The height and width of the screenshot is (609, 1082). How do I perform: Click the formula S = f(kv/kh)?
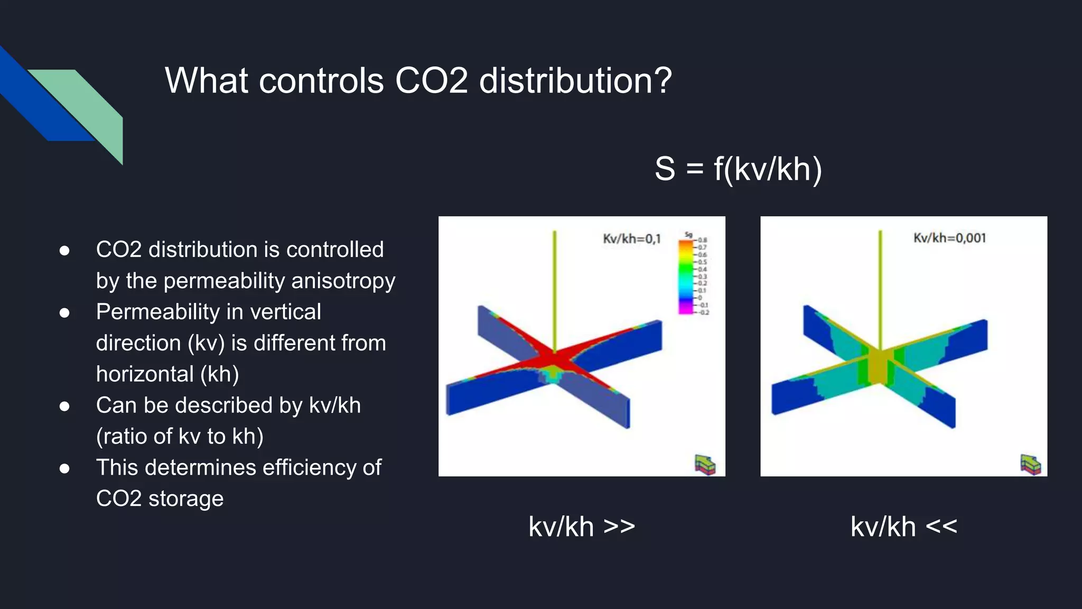click(x=738, y=169)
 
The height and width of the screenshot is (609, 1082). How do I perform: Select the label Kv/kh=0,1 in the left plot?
click(x=632, y=239)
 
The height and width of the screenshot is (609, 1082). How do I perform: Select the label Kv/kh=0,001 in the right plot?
click(x=949, y=238)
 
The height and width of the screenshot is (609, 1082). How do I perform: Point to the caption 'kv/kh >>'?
click(x=582, y=527)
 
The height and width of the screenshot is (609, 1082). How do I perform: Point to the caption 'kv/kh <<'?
click(x=903, y=527)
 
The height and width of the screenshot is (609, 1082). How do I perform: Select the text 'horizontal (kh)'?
click(x=167, y=374)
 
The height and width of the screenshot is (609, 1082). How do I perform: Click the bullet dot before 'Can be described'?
click(x=64, y=406)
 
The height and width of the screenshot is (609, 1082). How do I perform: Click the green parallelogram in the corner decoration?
click(x=90, y=106)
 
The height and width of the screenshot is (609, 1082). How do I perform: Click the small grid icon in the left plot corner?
click(x=705, y=465)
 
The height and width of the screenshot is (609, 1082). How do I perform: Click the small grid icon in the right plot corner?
click(x=1030, y=465)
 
